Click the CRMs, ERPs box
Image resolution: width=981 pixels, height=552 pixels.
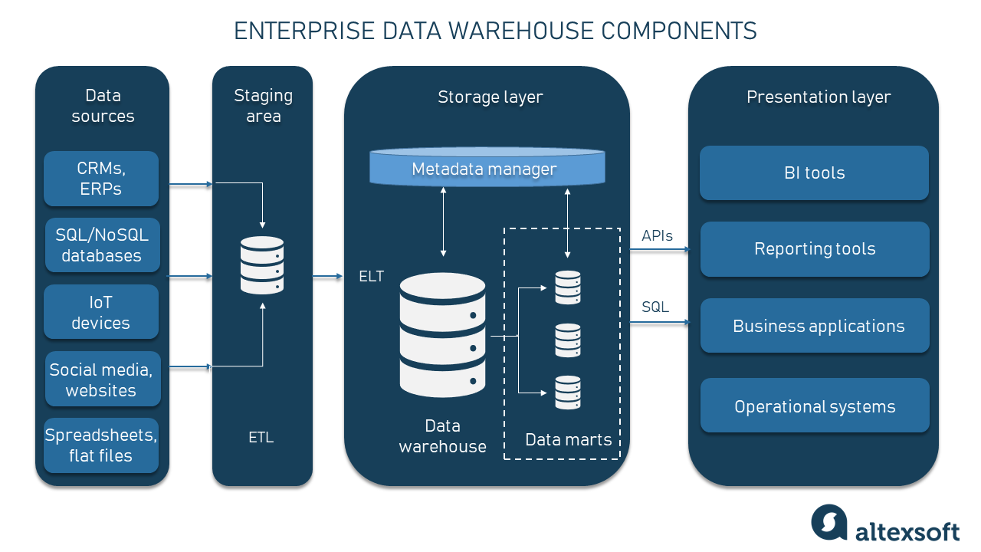(101, 179)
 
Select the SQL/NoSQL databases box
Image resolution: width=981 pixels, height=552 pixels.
(103, 245)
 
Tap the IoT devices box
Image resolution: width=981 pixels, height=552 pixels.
(101, 312)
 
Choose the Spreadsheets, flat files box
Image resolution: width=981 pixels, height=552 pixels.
(101, 445)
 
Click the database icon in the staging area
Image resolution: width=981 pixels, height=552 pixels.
(262, 265)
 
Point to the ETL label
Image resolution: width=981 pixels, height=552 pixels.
(261, 438)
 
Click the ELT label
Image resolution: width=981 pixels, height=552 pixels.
(372, 276)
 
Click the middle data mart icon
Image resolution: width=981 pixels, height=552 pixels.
(568, 340)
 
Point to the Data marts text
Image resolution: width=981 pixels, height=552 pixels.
(568, 440)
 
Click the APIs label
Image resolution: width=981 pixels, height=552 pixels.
(657, 235)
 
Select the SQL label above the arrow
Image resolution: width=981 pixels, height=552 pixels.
(655, 307)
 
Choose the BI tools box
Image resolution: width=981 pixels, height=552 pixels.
(814, 173)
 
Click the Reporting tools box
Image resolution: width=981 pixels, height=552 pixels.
(815, 249)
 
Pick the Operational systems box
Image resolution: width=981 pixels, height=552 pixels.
(815, 406)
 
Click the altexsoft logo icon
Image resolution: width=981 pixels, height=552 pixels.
(829, 522)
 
